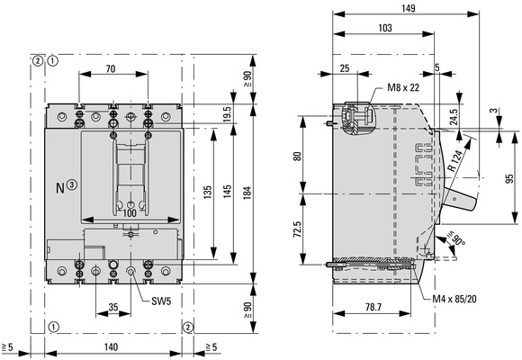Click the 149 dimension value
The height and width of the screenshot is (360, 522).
[408, 8]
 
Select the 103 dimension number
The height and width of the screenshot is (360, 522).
[385, 28]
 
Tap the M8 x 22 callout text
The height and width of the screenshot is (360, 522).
[403, 87]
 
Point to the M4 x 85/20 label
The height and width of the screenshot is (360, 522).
[454, 299]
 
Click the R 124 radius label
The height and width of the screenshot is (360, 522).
[454, 160]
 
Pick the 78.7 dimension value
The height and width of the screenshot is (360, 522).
[373, 307]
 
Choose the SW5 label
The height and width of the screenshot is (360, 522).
[161, 301]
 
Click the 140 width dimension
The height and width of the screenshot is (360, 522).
[111, 347]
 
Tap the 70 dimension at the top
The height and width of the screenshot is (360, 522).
[111, 69]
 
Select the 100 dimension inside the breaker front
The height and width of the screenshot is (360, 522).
[130, 213]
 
